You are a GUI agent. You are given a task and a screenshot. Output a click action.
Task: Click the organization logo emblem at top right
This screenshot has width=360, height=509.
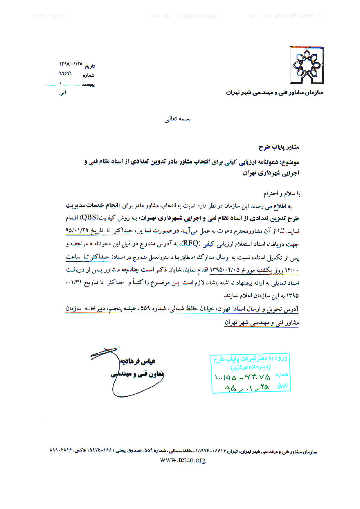307,65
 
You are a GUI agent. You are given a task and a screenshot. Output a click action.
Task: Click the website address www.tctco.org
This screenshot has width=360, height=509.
183,460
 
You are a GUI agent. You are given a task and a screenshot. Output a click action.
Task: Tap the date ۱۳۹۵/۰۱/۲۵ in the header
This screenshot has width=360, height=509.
71,64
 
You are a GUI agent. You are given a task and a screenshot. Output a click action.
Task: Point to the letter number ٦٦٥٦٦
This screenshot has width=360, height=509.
66,74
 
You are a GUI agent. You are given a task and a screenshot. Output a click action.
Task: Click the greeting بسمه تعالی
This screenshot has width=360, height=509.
177,119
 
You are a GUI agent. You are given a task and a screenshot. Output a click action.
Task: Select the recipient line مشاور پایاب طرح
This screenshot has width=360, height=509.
279,147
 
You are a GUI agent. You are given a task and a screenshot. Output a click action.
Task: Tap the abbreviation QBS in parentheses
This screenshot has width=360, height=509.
89,217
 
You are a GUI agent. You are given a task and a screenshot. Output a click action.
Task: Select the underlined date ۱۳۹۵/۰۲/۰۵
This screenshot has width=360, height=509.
225,269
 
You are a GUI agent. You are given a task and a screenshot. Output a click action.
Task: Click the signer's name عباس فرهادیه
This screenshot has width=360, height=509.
138,361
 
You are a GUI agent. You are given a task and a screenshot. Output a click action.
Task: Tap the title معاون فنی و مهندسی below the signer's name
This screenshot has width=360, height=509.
137,374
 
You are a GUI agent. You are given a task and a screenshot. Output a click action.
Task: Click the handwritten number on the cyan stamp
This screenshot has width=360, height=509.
243,377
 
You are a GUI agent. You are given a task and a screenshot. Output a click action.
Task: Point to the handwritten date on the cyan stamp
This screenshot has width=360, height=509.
247,388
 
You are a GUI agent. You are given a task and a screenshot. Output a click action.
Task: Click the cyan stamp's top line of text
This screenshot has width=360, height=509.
251,359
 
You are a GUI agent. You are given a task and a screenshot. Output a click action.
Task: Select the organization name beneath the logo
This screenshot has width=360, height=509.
274,93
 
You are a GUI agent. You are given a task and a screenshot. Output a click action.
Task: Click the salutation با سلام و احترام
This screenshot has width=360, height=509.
282,193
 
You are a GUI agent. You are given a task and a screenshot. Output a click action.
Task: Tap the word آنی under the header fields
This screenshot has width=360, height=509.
63,93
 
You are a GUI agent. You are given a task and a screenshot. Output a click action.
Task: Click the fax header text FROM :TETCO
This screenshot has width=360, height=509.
49,16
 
